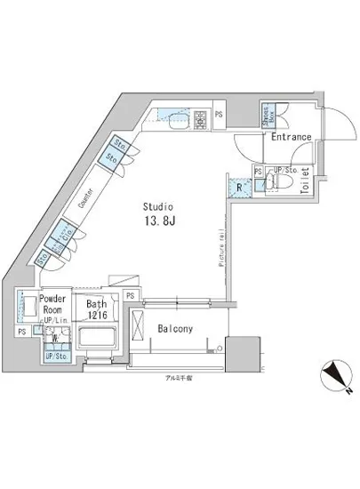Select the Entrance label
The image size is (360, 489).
click(289, 137)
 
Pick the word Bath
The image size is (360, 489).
click(96, 303)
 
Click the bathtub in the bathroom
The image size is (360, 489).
click(99, 340)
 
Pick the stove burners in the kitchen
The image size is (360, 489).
click(199, 118)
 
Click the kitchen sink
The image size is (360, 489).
click(172, 120)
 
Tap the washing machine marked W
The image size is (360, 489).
click(55, 339)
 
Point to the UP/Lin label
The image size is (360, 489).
click(54, 323)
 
